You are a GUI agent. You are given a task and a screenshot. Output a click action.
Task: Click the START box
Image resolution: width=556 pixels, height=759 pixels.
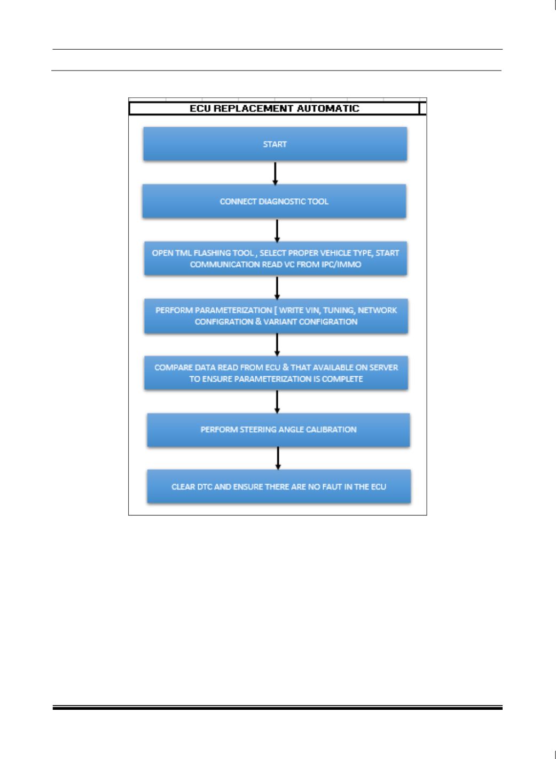click(x=275, y=144)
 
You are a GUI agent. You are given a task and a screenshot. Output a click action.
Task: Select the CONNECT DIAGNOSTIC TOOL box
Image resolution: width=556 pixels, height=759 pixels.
click(x=275, y=201)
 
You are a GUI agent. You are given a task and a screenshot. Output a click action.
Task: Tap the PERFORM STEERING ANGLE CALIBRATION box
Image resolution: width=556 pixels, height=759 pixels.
click(x=278, y=430)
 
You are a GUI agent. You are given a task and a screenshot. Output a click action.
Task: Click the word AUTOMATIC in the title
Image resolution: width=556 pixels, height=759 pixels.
click(x=328, y=109)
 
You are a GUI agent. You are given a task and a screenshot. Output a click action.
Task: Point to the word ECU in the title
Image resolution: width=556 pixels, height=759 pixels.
click(x=200, y=109)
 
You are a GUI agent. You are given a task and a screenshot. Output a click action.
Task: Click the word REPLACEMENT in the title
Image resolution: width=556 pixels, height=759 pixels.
click(x=254, y=109)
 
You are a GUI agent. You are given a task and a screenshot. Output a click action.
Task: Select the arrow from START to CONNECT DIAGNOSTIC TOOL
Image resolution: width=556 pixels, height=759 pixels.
click(x=275, y=174)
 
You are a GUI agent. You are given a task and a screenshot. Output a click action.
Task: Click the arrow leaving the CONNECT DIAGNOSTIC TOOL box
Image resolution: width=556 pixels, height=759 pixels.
click(x=277, y=231)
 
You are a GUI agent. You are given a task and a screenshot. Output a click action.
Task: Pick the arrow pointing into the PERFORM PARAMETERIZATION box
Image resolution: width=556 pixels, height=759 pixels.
click(x=277, y=288)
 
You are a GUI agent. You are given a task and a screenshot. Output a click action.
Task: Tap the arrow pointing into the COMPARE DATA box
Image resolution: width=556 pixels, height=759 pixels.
click(x=277, y=345)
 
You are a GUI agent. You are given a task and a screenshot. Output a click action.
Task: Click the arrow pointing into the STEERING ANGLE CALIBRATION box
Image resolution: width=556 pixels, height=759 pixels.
click(x=277, y=402)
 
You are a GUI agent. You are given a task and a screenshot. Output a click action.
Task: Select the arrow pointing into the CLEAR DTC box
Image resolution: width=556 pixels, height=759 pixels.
click(x=278, y=458)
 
